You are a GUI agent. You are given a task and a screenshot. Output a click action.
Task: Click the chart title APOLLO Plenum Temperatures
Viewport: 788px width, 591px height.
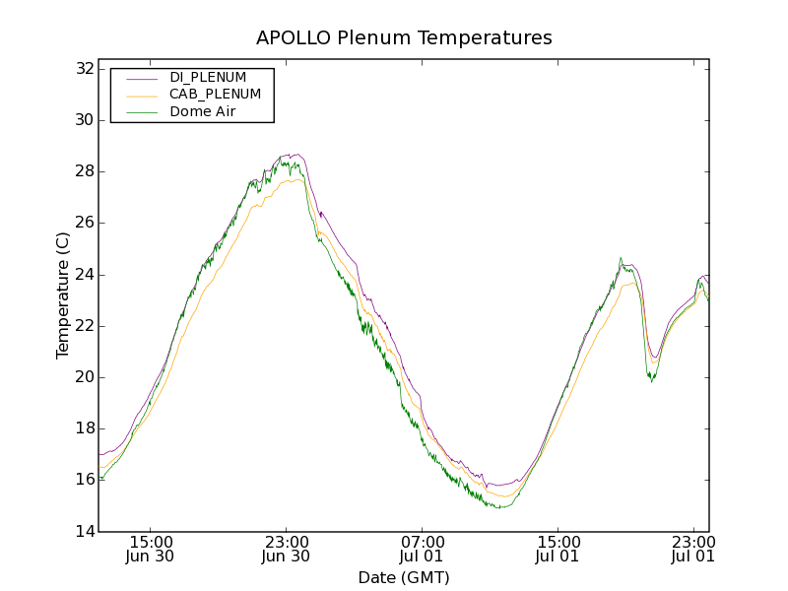[x=404, y=38]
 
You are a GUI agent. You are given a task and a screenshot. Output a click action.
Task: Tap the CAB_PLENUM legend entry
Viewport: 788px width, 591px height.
[x=215, y=95]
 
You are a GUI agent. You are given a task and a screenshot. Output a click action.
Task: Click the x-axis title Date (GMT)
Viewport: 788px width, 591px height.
[x=404, y=577]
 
